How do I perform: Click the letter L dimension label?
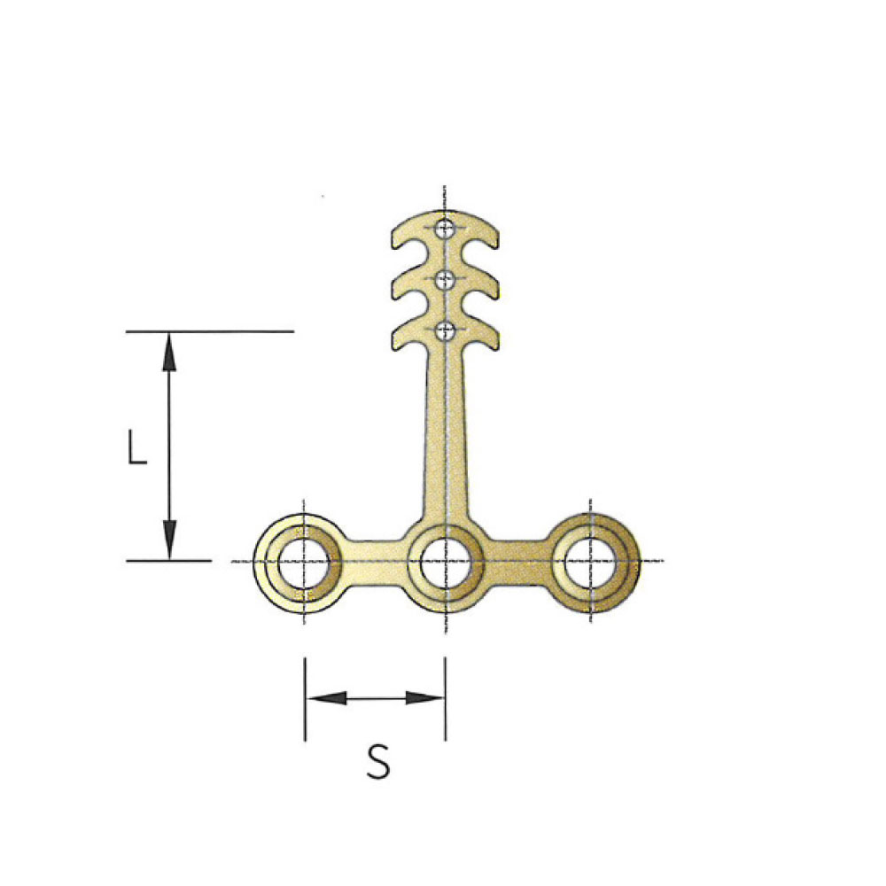tap(137, 447)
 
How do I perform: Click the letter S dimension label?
tap(378, 762)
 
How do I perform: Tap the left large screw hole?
tap(304, 563)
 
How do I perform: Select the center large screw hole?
tap(446, 563)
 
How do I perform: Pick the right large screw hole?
tap(590, 563)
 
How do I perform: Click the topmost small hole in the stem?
tap(446, 229)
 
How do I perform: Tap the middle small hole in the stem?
tap(446, 278)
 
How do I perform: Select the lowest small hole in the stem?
tap(446, 330)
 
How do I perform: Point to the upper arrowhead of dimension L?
tap(169, 352)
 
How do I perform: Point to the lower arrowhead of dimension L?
tap(169, 540)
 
